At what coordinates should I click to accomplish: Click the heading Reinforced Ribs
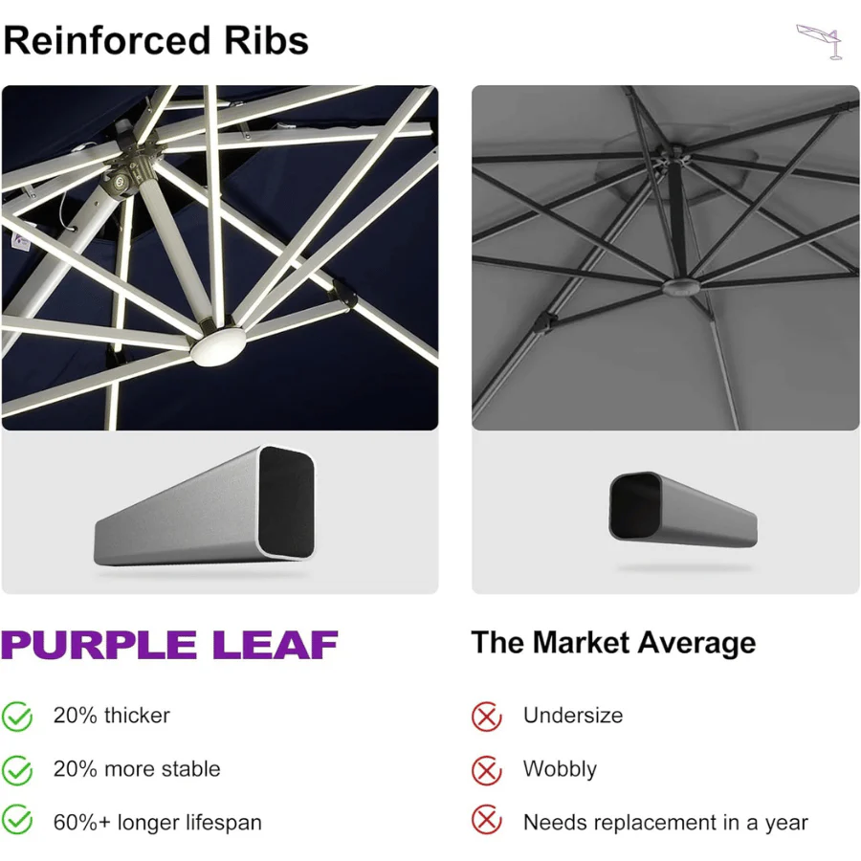155,40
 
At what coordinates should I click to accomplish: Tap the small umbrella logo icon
821,41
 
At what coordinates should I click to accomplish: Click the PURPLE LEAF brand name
169,645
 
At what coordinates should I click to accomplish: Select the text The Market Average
613,642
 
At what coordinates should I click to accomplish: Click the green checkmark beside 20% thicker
17,716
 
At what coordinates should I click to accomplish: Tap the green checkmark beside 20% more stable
17,769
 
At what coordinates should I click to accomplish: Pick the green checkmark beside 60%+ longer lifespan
17,822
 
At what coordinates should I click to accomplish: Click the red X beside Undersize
487,716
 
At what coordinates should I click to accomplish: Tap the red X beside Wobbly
487,769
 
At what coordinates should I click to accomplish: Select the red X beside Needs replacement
487,822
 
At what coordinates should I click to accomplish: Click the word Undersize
572,716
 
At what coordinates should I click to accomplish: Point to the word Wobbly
560,769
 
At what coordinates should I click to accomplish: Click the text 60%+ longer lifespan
157,822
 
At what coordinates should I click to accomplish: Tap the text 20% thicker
112,716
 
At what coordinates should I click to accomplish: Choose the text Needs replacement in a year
665,822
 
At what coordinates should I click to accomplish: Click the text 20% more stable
137,769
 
